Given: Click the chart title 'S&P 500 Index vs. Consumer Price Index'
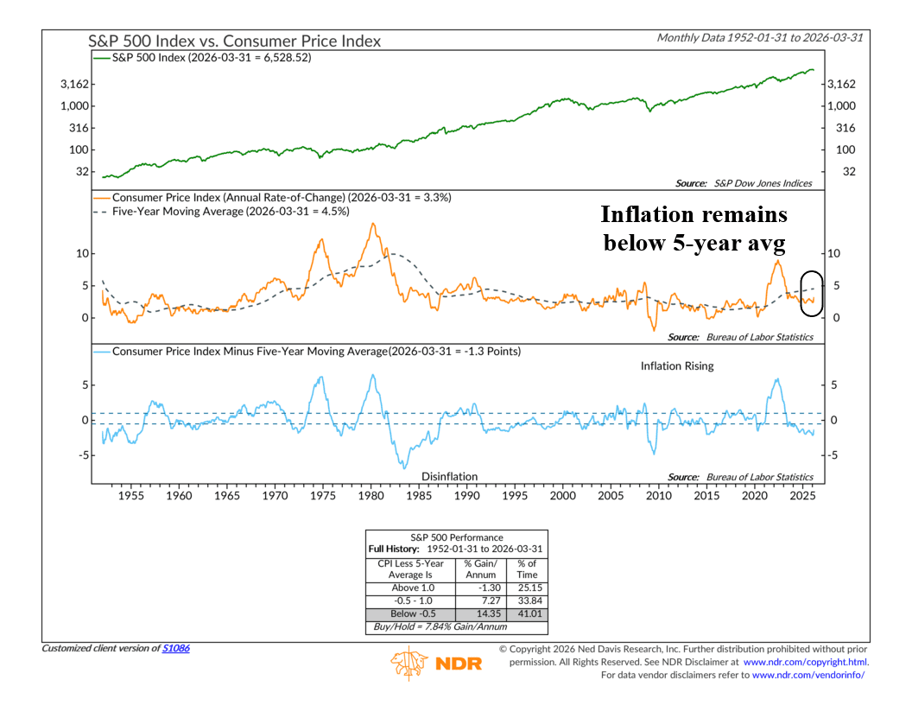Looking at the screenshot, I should point(234,41).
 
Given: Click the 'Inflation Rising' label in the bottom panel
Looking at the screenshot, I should point(677,366).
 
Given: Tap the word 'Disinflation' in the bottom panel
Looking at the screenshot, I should point(449,476).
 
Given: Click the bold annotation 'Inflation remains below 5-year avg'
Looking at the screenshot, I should point(706,228).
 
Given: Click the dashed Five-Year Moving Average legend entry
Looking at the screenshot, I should point(231,211).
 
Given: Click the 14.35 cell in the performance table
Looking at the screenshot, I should point(490,612).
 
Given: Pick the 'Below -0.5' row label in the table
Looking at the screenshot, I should point(410,612).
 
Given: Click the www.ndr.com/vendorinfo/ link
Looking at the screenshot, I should point(808,675).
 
